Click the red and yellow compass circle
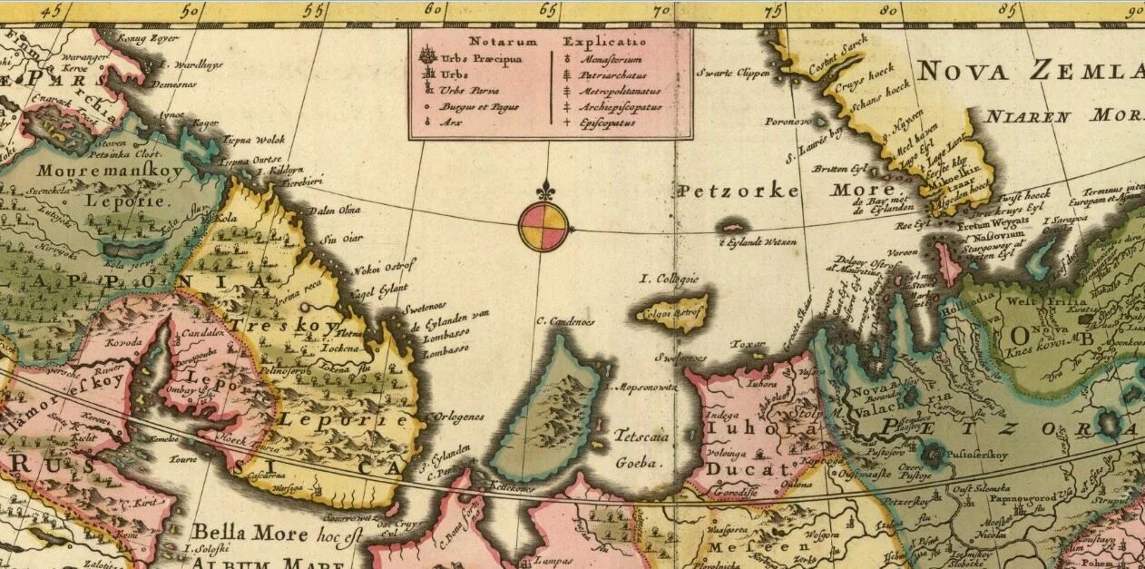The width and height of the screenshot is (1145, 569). pos(543,226)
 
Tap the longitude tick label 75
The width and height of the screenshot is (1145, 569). pos(773,10)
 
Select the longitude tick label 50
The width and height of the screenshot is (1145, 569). pos(190,10)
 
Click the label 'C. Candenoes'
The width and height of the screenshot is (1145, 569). pos(565,320)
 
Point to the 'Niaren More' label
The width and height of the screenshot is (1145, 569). pos(1062,116)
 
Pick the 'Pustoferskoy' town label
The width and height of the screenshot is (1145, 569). pos(983,448)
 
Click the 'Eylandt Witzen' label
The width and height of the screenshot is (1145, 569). pos(759,242)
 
